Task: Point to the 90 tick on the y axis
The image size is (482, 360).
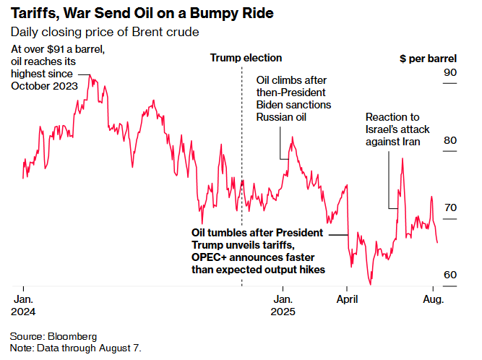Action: (449, 73)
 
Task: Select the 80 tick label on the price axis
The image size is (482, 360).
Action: (449, 140)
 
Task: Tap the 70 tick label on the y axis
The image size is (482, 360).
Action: (449, 207)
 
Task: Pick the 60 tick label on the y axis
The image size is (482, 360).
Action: (449, 275)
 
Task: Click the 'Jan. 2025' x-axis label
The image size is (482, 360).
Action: (283, 304)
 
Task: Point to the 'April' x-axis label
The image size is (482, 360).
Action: (348, 298)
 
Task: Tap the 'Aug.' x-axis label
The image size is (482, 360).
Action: (431, 298)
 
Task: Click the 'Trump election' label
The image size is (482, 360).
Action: (246, 58)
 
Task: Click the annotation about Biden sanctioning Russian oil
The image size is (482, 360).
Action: (294, 98)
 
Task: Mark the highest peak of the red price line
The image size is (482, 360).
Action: (90, 75)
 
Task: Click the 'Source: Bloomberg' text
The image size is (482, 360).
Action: (53, 337)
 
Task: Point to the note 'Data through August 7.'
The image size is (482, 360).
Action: (76, 348)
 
